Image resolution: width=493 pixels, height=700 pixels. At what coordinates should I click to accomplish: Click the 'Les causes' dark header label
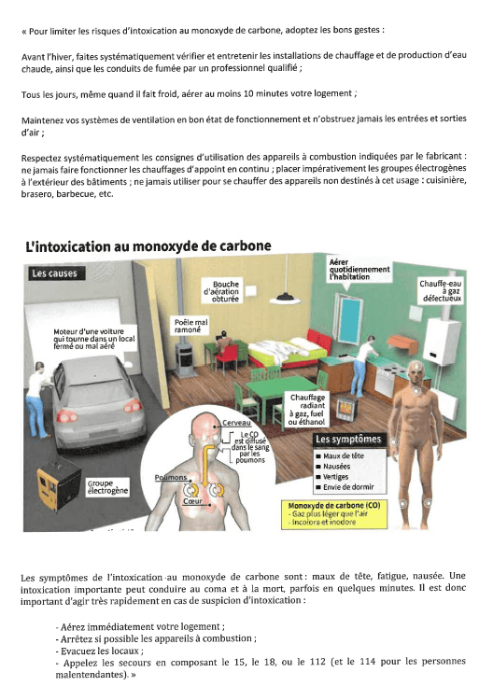click(x=54, y=273)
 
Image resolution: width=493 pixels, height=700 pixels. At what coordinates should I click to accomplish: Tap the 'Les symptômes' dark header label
click(x=348, y=440)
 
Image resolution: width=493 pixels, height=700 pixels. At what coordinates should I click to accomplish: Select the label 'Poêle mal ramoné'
click(x=190, y=326)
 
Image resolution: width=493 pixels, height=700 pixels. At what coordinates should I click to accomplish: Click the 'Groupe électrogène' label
click(x=107, y=487)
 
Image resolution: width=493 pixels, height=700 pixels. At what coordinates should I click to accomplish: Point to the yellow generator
click(x=58, y=483)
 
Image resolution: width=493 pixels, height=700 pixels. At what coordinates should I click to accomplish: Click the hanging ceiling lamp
click(x=285, y=298)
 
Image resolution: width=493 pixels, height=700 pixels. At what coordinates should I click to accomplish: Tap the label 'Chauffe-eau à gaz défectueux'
click(x=441, y=291)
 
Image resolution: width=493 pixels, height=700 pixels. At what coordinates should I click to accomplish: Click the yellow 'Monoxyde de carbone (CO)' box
click(x=334, y=514)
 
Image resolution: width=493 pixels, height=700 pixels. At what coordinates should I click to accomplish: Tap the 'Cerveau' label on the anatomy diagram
click(x=236, y=423)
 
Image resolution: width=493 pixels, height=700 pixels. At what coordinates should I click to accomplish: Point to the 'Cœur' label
click(x=192, y=501)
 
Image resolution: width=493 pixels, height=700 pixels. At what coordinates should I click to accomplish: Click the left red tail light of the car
click(x=66, y=415)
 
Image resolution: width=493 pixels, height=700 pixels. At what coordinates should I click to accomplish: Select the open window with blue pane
click(x=348, y=319)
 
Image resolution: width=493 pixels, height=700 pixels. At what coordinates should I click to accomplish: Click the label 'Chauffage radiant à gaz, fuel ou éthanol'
click(x=306, y=410)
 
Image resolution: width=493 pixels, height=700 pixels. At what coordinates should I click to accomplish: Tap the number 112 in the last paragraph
click(x=317, y=661)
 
